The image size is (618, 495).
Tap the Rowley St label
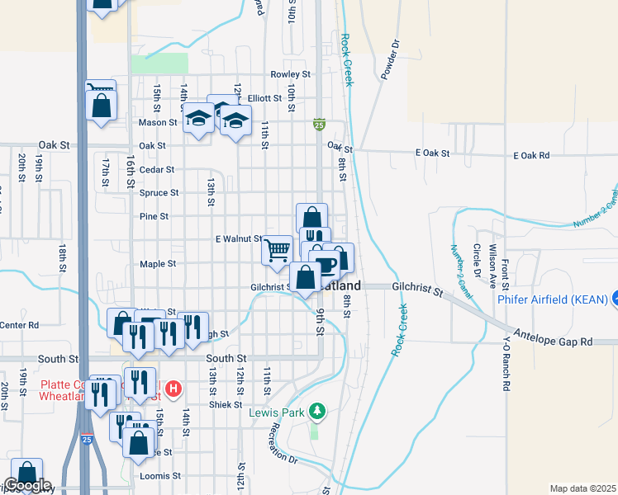(x=294, y=74)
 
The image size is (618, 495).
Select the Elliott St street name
(x=265, y=97)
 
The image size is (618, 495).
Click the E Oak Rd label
(x=531, y=154)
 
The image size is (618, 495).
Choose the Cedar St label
(x=156, y=170)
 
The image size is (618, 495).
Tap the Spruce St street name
(x=159, y=193)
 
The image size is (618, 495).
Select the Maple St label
(x=158, y=264)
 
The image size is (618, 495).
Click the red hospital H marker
(x=174, y=388)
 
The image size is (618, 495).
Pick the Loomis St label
(x=165, y=476)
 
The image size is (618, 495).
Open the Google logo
(x=27, y=485)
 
